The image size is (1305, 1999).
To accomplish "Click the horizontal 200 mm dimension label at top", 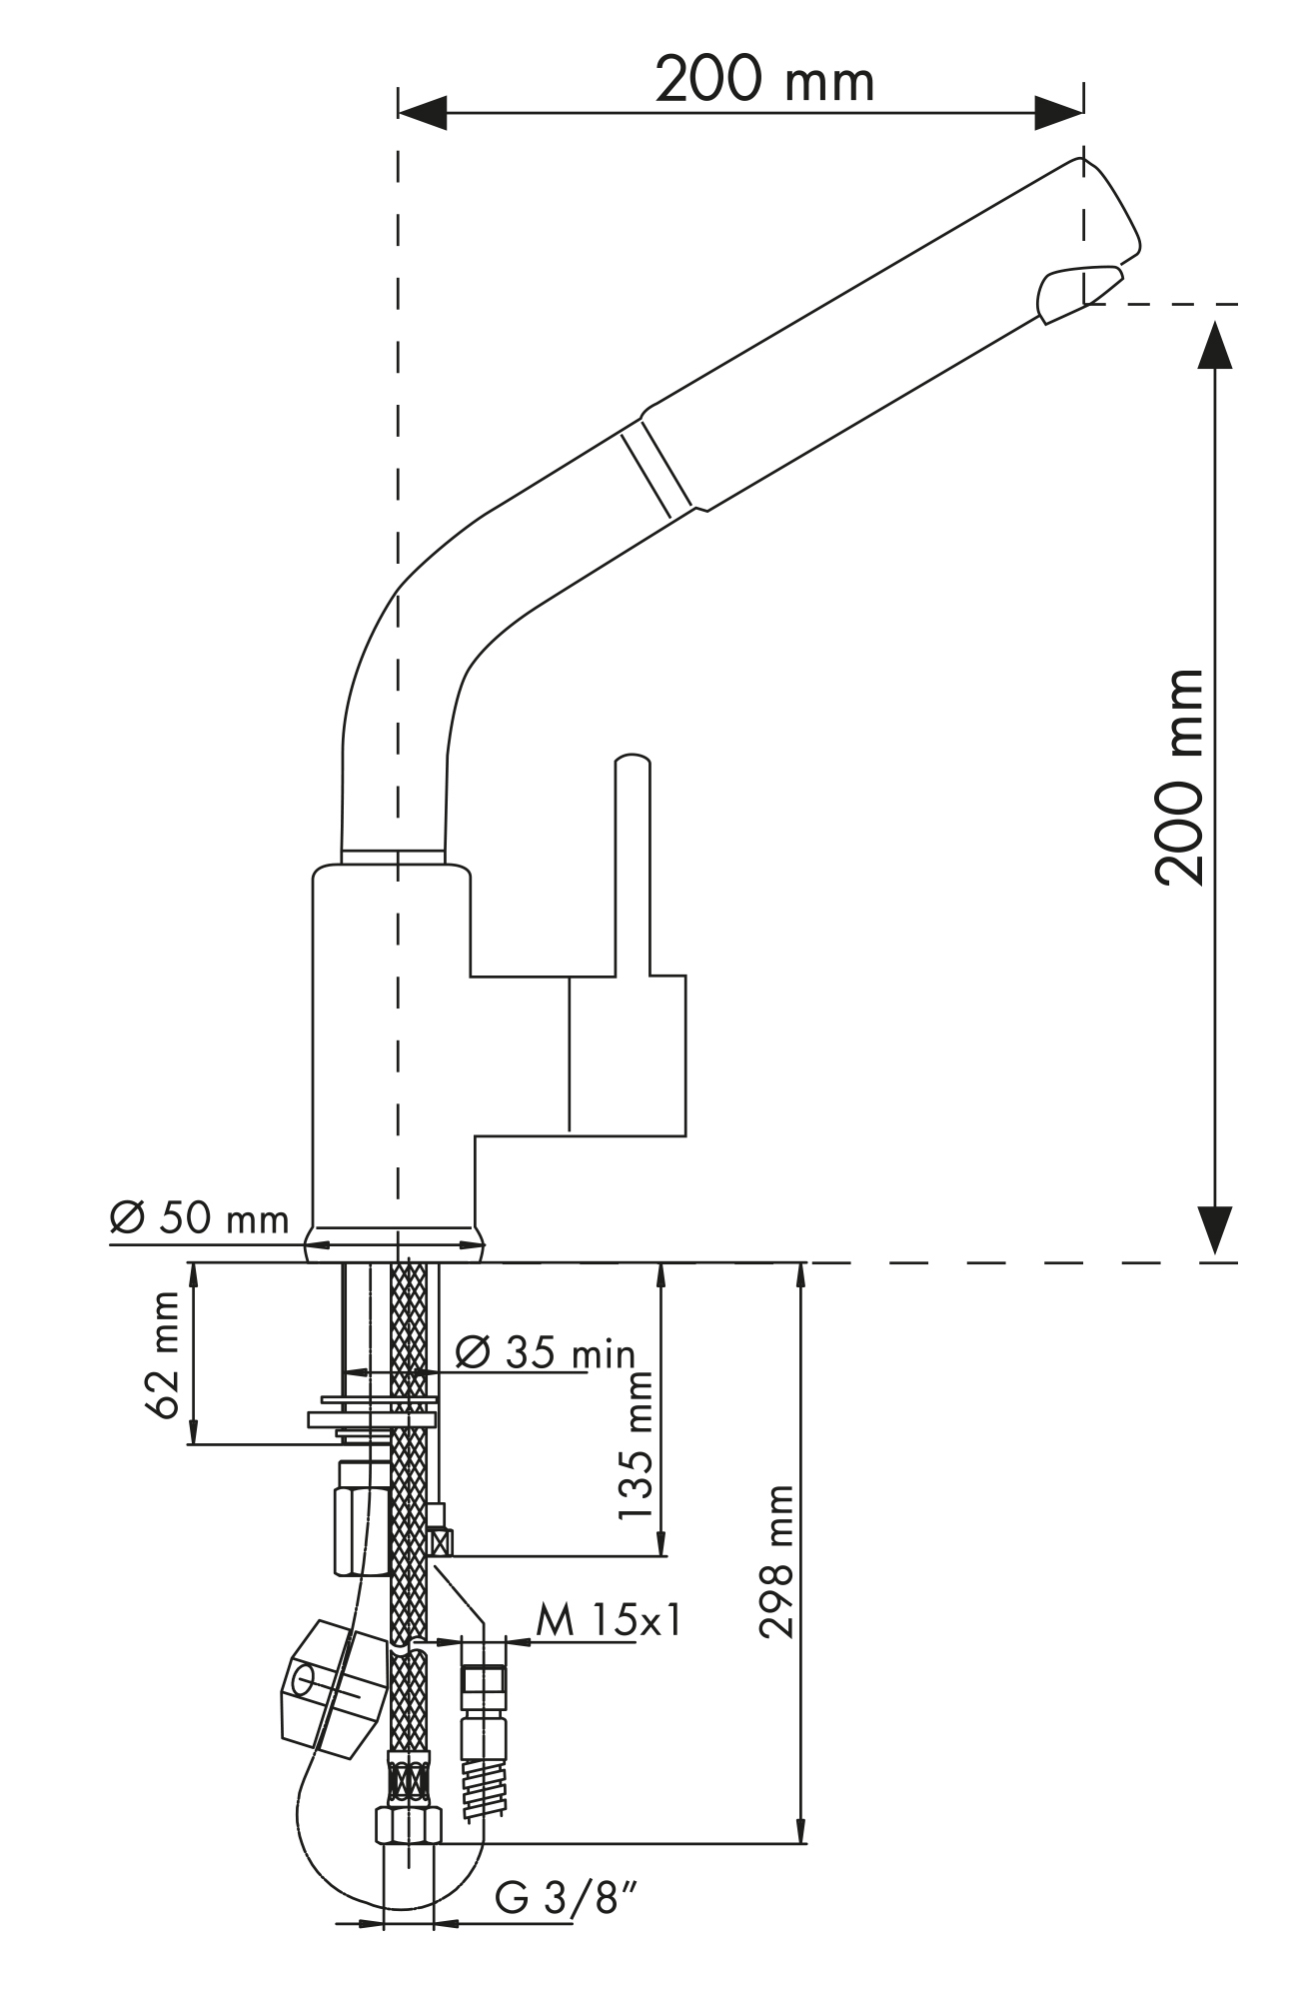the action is [764, 80].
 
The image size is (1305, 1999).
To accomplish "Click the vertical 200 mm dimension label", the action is [1179, 777].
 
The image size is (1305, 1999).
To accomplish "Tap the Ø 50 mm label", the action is [200, 1218].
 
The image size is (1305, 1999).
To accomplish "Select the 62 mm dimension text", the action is [162, 1355].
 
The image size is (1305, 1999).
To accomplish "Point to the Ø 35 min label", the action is [546, 1352].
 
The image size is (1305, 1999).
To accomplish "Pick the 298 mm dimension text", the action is [775, 1562].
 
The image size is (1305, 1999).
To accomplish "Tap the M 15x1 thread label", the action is [609, 1620].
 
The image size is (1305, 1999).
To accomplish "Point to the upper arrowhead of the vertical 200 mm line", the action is [1214, 345].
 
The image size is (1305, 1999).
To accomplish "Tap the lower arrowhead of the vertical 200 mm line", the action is [1214, 1230].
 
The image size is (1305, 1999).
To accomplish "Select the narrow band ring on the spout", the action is [656, 471].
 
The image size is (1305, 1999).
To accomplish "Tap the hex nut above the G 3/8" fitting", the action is [408, 1826].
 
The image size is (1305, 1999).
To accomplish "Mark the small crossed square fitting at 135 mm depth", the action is [439, 1544].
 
